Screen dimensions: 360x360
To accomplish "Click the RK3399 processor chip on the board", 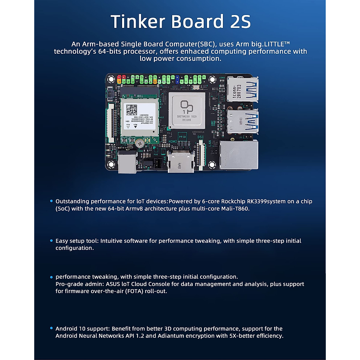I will pos(187,110).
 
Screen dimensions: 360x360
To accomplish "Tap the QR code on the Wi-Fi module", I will pos(131,110).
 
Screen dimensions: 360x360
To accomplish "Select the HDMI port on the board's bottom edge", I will pos(181,163).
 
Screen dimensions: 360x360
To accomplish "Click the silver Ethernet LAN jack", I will pos(239,155).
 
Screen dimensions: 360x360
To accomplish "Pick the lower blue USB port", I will pos(242,121).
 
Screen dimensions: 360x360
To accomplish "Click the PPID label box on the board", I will pos(182,137).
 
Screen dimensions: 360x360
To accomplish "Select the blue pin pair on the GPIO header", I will pos(177,79).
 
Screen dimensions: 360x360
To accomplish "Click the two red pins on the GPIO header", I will pos(121,77).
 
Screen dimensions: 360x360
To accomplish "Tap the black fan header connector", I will pos(157,163).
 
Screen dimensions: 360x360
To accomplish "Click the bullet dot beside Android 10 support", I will pos(51,328).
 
